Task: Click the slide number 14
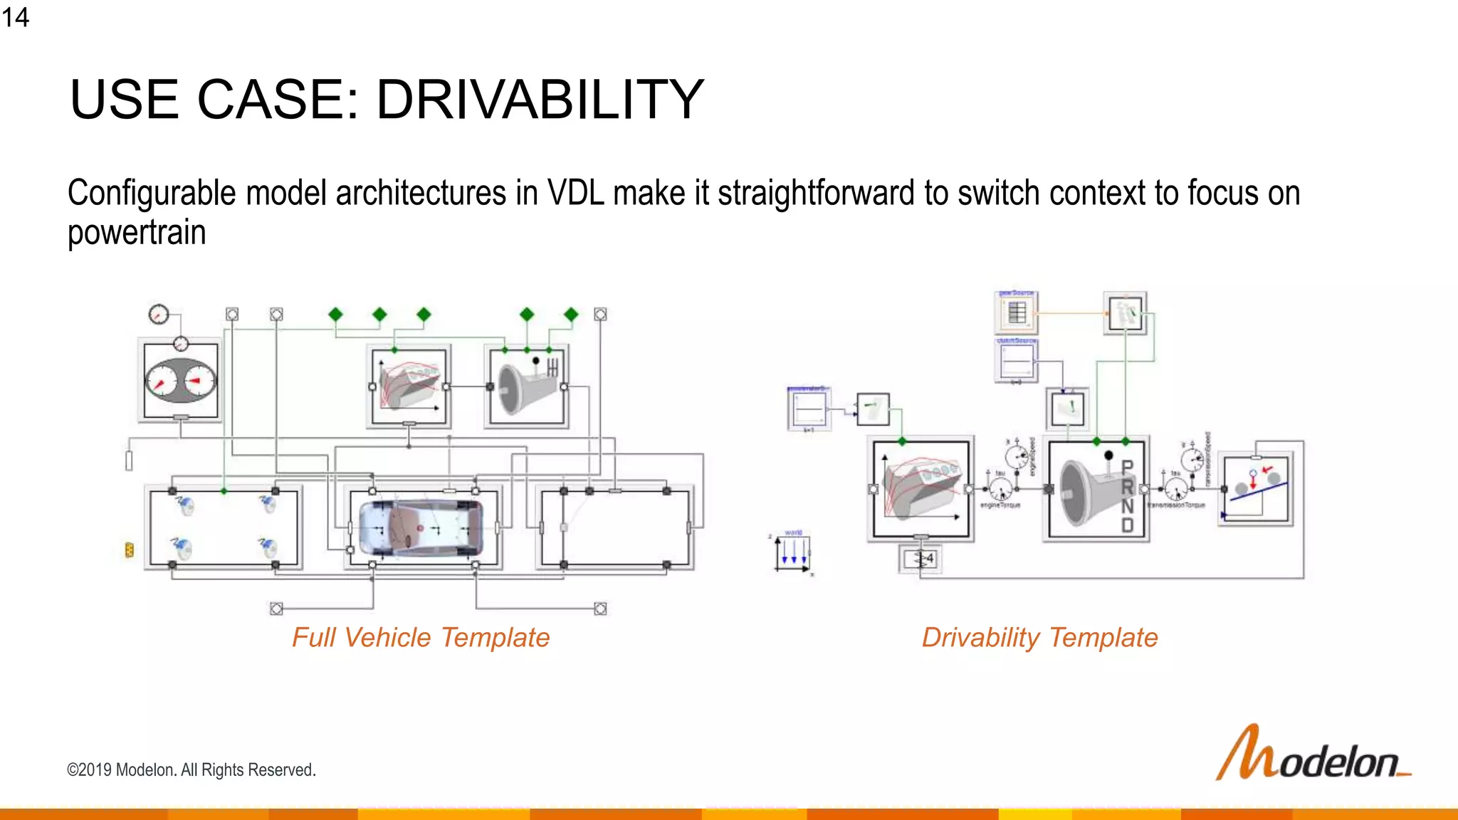(x=15, y=16)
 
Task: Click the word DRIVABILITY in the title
(x=540, y=100)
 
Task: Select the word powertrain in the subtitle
(x=137, y=233)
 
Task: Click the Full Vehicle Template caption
(x=421, y=638)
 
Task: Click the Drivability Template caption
(x=1039, y=638)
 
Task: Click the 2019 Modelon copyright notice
(x=191, y=770)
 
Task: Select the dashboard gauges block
(x=181, y=381)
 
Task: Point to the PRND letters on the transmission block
(x=1127, y=496)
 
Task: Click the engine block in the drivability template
(x=921, y=489)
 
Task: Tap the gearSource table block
(x=1017, y=313)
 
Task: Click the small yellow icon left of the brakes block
(x=129, y=550)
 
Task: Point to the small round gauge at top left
(x=158, y=314)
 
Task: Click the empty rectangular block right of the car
(x=615, y=527)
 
